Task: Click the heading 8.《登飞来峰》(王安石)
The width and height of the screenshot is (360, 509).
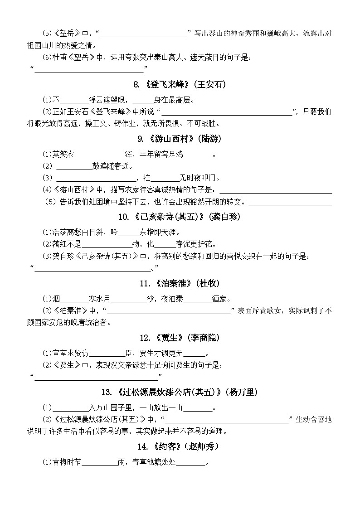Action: tap(180, 84)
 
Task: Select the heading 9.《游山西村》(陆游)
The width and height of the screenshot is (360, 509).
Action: tap(180, 139)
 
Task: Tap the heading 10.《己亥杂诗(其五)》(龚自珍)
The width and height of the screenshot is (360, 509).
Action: tap(180, 217)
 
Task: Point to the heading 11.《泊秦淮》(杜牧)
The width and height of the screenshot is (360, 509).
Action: tap(180, 283)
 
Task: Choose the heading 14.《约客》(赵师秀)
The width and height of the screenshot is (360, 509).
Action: tap(180, 446)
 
